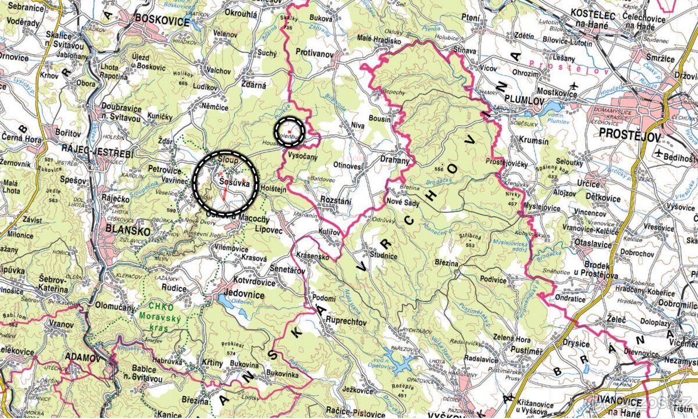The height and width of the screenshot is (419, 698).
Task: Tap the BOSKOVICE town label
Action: click(162, 20)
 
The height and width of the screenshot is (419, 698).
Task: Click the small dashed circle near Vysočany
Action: click(289, 131)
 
